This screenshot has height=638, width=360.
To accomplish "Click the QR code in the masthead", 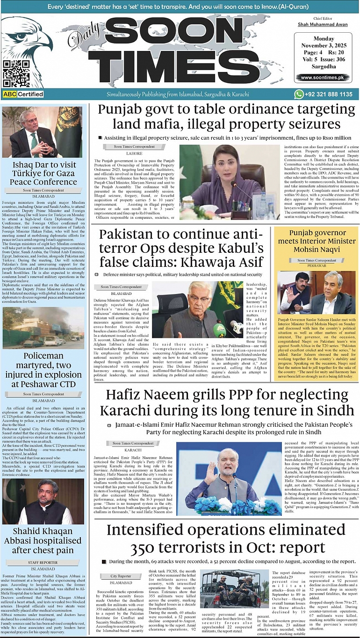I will [x=16, y=73].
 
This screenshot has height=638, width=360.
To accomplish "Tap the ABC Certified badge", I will [x=23, y=94].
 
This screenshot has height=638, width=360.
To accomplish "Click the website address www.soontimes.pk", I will [x=322, y=78].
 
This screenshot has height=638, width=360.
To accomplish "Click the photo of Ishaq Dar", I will [x=43, y=132].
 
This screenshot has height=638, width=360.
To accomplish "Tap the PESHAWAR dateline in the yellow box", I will [x=317, y=265].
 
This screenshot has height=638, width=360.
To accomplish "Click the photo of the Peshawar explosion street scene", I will [x=43, y=327].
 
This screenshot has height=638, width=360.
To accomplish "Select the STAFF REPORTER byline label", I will [x=43, y=562].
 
